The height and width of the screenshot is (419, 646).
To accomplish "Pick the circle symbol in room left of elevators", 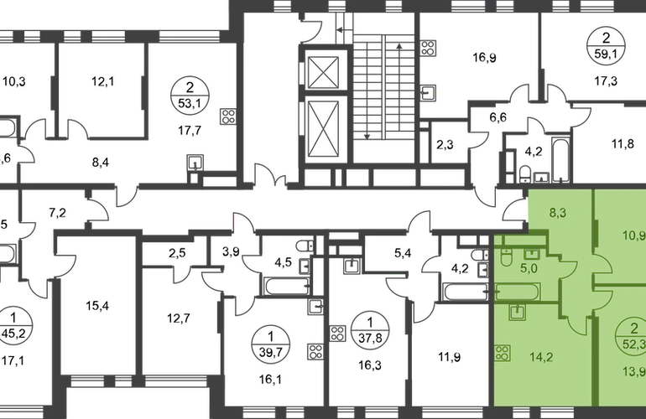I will click(x=190, y=96).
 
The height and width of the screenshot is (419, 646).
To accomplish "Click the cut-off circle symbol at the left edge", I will click(x=10, y=319).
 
